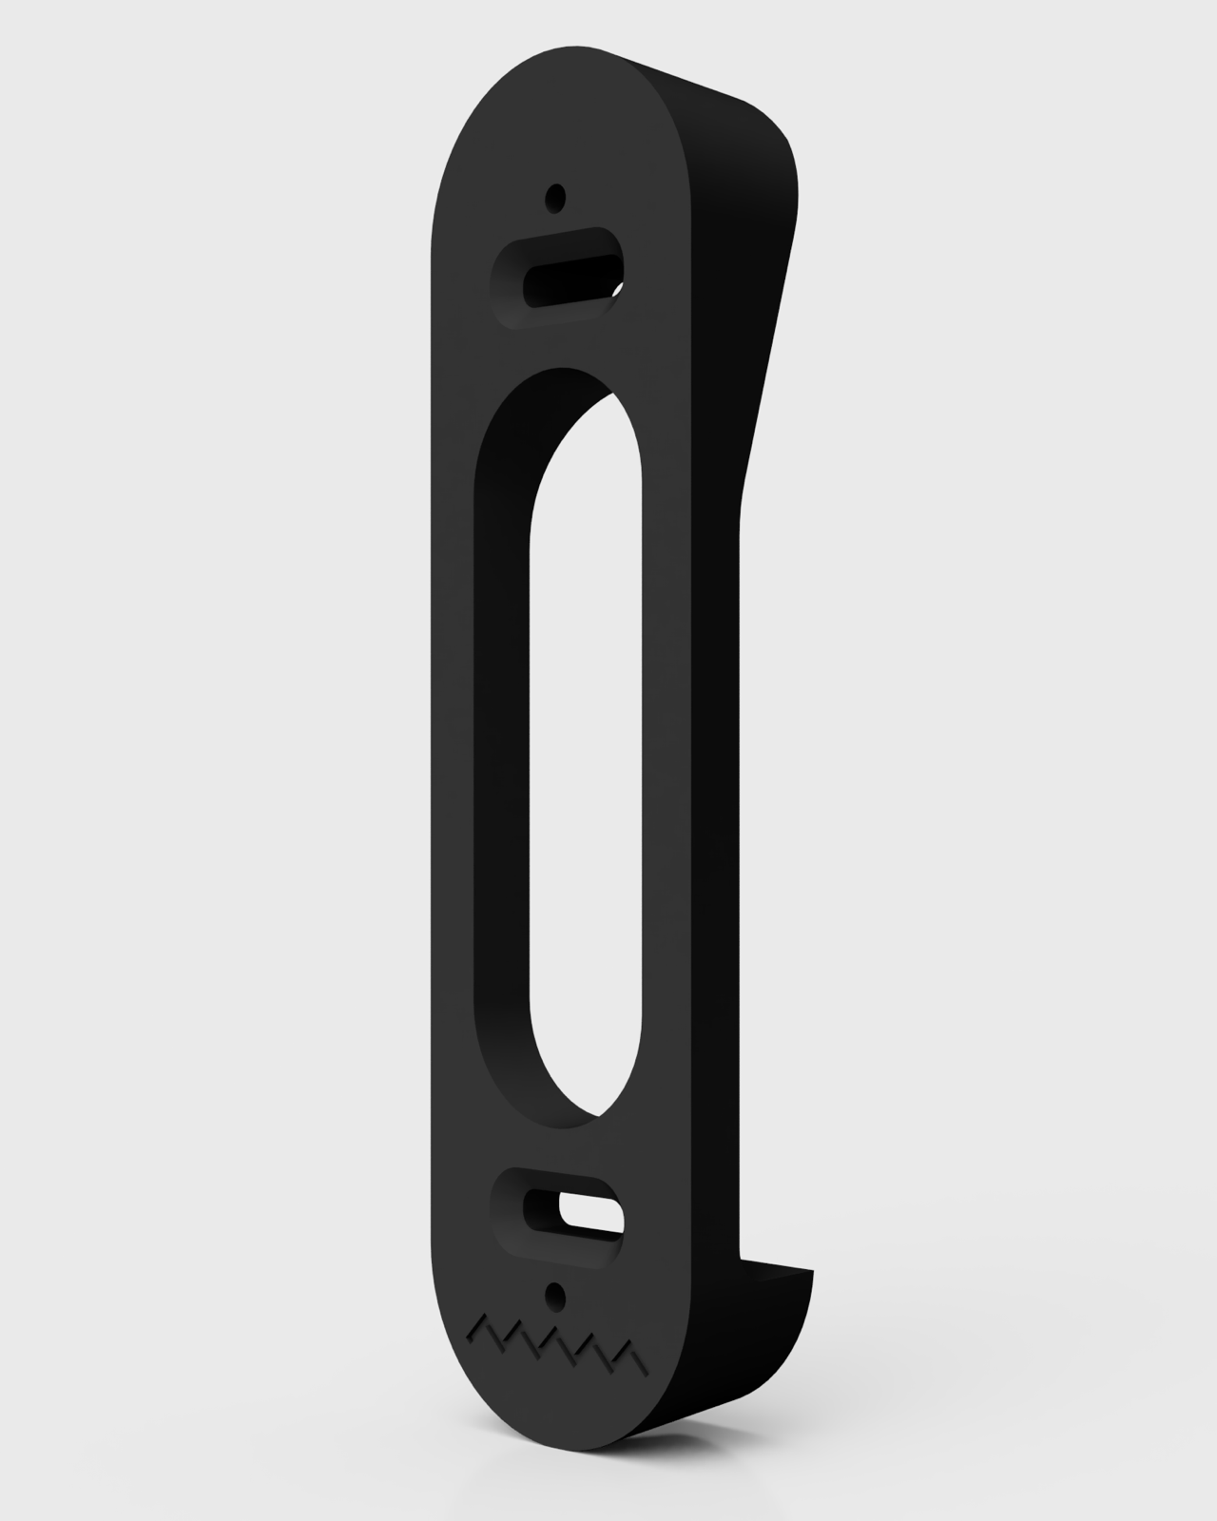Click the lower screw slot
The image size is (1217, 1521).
coord(561,1212)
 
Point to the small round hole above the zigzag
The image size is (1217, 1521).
coord(554,1294)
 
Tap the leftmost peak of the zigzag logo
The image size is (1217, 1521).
coord(485,1321)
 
